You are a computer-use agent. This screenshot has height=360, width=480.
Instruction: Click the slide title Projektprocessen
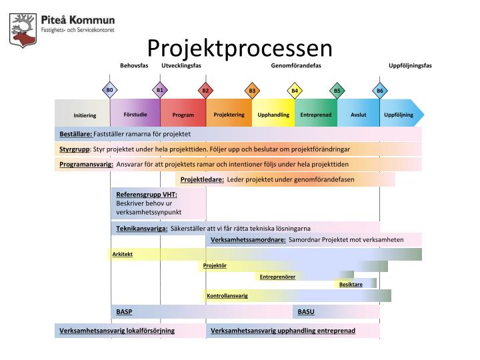(x=239, y=47)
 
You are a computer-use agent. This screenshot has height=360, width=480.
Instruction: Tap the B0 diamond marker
(x=110, y=90)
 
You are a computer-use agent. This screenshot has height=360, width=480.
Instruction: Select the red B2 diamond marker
(x=205, y=90)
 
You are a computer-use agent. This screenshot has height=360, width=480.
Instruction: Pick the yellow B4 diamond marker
(x=295, y=90)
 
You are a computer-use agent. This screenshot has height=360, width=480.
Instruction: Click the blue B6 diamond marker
(x=380, y=90)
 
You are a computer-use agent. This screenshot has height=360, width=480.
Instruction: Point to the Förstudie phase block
(x=135, y=115)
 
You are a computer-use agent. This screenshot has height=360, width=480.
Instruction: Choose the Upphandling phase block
(x=273, y=115)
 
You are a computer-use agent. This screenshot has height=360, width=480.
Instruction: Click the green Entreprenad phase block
(x=316, y=115)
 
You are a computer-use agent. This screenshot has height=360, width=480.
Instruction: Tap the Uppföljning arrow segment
(x=400, y=115)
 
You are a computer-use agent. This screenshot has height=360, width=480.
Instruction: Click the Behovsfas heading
(x=134, y=65)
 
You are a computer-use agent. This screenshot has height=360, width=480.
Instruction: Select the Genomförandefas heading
(x=296, y=65)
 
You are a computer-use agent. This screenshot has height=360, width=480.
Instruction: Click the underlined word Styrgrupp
(x=75, y=149)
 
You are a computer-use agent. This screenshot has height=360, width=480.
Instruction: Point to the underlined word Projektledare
(x=202, y=179)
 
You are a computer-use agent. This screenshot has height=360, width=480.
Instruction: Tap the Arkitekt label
(x=123, y=254)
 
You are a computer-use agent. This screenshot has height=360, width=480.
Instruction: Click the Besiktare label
(x=351, y=284)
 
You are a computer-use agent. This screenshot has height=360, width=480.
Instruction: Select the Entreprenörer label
(x=277, y=276)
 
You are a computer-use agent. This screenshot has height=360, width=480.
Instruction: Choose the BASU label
(x=306, y=311)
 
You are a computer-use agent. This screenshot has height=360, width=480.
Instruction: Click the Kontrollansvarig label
(x=227, y=295)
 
